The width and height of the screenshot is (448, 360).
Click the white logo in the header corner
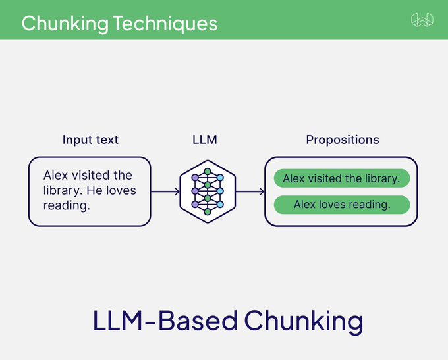pyautogui.click(x=422, y=21)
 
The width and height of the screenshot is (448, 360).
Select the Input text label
pyautogui.click(x=90, y=140)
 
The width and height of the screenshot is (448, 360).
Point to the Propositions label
pyautogui.click(x=342, y=140)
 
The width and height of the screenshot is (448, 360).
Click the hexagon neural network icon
pyautogui.click(x=208, y=191)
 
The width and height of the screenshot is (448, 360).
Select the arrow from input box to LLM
pyautogui.click(x=165, y=192)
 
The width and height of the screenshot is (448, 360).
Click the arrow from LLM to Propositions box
pyautogui.click(x=250, y=192)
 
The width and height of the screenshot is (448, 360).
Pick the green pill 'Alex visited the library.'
pyautogui.click(x=341, y=178)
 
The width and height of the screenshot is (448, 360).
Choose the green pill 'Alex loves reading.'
pyautogui.click(x=341, y=205)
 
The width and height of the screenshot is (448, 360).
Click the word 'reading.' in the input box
pyautogui.click(x=66, y=205)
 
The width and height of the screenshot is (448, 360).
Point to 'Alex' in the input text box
pyautogui.click(x=56, y=176)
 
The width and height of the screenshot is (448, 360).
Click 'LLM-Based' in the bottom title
pyautogui.click(x=165, y=321)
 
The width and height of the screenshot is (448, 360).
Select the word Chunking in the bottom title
pyautogui.click(x=304, y=321)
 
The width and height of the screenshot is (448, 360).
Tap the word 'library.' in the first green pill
pyautogui.click(x=381, y=178)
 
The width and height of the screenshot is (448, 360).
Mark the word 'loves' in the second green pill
pyautogui.click(x=335, y=205)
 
